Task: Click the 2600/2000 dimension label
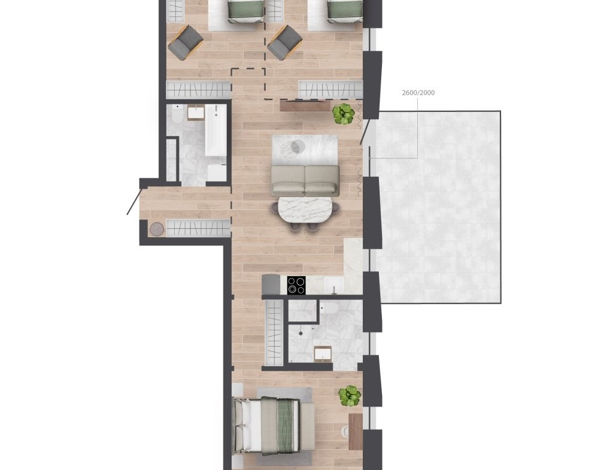click(x=418, y=93)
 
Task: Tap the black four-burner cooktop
click(x=297, y=285)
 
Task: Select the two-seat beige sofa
click(x=305, y=180)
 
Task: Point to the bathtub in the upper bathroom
click(x=216, y=130)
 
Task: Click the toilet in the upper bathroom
click(x=177, y=114)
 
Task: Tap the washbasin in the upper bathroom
click(x=195, y=113)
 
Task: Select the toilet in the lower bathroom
click(x=330, y=308)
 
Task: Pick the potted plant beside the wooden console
click(x=344, y=113)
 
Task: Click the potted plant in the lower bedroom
click(x=350, y=395)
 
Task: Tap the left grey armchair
click(x=186, y=43)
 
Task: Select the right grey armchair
click(x=285, y=43)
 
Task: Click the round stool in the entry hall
click(x=157, y=229)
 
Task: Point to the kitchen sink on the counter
click(x=334, y=285)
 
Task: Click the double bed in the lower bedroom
click(x=273, y=426)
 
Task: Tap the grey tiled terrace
click(x=435, y=207)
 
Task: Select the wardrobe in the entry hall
click(x=199, y=228)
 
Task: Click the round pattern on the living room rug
click(x=298, y=147)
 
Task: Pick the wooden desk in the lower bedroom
click(x=356, y=432)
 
